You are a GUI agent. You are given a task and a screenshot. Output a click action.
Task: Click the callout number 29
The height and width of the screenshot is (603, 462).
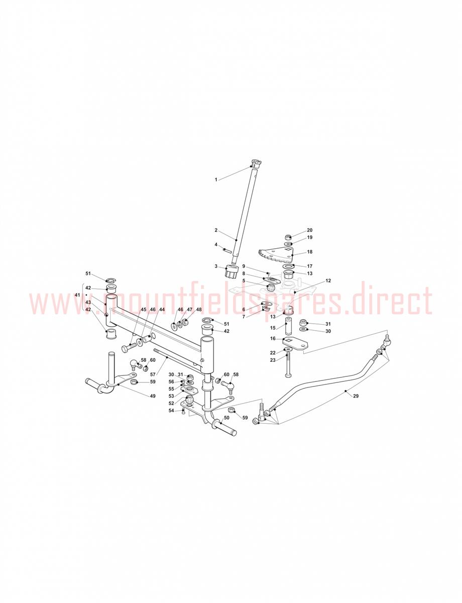356,396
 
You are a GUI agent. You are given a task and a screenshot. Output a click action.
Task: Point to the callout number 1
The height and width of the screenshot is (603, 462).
216,179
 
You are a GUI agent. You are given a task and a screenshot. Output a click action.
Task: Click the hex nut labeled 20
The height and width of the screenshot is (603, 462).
288,237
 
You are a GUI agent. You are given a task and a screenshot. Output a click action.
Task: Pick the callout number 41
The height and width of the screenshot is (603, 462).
77,295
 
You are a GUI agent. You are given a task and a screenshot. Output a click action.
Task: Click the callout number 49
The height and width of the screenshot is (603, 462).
153,396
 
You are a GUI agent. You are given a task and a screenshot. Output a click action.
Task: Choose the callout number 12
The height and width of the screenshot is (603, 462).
328,280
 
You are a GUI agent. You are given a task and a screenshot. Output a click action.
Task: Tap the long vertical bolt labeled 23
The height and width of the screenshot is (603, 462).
288,364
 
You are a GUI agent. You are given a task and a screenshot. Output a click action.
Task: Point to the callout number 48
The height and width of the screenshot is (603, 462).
199,310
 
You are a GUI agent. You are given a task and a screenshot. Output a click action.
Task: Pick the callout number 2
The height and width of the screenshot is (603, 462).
216,230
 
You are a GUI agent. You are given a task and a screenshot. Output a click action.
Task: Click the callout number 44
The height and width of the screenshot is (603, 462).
162,310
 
